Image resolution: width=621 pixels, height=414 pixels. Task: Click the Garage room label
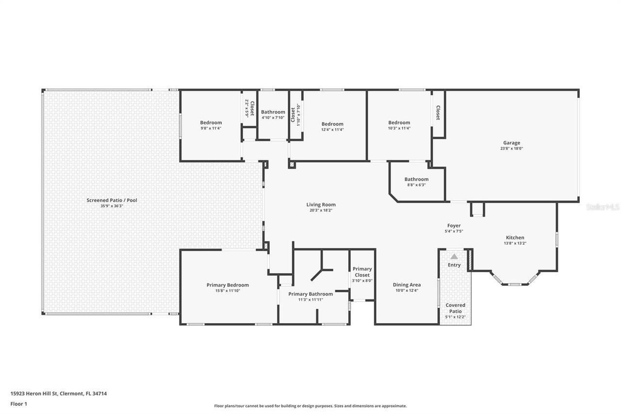click(x=511, y=143)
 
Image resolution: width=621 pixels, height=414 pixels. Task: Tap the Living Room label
click(x=321, y=205)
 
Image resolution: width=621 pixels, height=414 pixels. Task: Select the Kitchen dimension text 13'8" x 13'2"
click(x=514, y=244)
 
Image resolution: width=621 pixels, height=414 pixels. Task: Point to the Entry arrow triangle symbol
click(x=454, y=256)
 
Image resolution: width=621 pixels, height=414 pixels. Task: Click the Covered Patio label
click(x=455, y=308)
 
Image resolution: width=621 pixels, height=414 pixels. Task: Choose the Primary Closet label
click(x=362, y=272)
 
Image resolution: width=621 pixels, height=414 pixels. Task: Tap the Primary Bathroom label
click(x=310, y=294)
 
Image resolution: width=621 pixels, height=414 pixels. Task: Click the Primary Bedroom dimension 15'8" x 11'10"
click(x=228, y=291)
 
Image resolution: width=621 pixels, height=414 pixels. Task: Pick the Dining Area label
click(x=407, y=285)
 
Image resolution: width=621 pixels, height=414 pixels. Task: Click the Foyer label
click(x=454, y=226)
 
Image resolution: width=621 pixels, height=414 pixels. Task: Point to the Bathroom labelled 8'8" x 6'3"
click(x=416, y=179)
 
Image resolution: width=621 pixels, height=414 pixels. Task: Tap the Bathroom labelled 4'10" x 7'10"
click(x=273, y=112)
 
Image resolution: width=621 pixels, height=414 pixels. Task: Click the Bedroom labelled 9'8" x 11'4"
click(x=211, y=123)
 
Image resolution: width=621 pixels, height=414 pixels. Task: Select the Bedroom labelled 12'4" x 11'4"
click(x=332, y=124)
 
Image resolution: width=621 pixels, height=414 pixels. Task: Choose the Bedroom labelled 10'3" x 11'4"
click(x=399, y=123)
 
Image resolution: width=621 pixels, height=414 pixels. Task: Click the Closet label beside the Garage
click(x=438, y=113)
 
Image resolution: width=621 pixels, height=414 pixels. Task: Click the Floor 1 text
click(x=18, y=404)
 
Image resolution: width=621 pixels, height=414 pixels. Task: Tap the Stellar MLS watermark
click(x=603, y=207)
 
